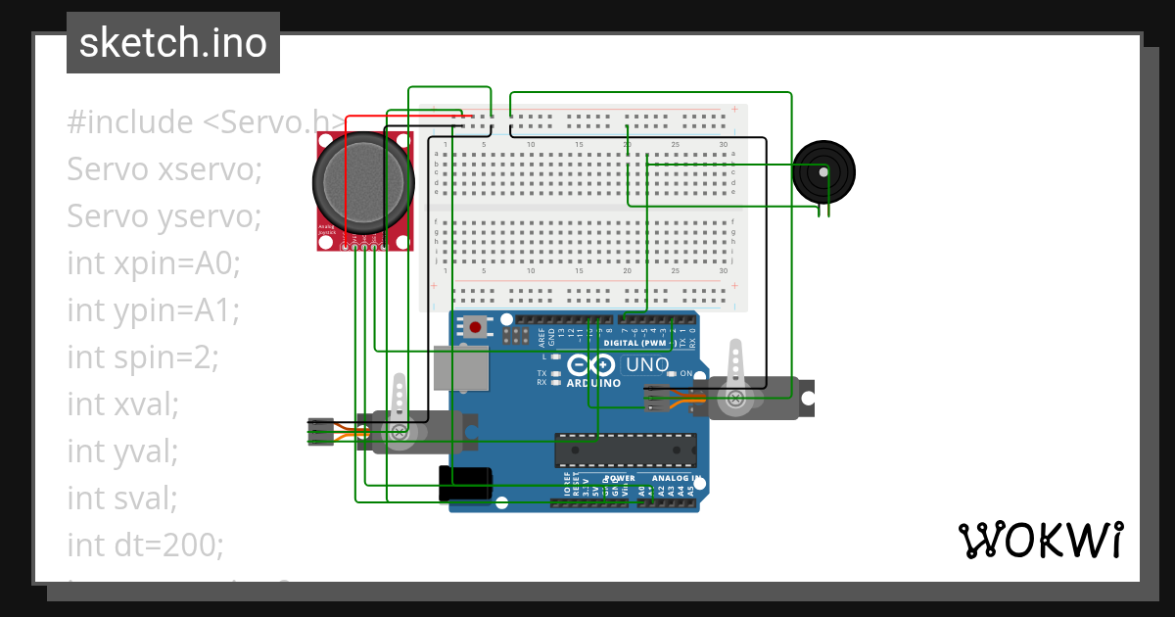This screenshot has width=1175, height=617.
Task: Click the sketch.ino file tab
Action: [173, 43]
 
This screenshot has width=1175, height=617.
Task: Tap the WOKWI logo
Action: [1039, 540]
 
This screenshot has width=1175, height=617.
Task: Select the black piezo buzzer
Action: [823, 171]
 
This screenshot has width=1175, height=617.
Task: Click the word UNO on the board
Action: [647, 365]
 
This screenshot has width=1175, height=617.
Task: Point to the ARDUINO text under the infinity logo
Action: [593, 383]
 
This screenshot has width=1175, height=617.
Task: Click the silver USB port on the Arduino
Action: [462, 370]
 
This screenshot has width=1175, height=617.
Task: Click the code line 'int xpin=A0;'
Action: [154, 263]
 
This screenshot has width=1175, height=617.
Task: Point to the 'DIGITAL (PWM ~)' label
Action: [638, 344]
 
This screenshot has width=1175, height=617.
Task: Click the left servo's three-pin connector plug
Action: [320, 432]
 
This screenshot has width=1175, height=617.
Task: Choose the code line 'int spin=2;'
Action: [143, 357]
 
